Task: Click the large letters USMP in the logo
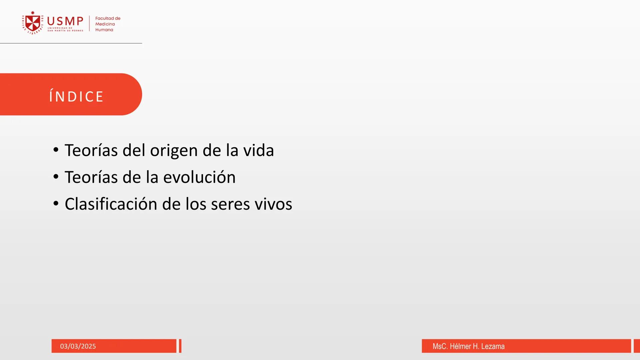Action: pos(65,21)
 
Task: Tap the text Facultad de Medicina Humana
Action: pos(107,24)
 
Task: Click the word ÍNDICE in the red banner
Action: pos(76,97)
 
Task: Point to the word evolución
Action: pos(199,177)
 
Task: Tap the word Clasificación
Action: pos(111,204)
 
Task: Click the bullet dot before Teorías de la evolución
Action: pos(56,177)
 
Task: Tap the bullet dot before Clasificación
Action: pos(56,203)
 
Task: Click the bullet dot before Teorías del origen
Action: pos(56,150)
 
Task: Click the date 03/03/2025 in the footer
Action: pos(78,346)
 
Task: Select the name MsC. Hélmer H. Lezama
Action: pos(468,346)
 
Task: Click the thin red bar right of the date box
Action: pos(180,346)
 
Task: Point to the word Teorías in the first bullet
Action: pos(91,150)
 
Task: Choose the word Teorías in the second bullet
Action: pos(91,177)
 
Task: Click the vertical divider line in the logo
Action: pos(89,23)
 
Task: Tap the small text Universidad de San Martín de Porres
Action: pos(65,29)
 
